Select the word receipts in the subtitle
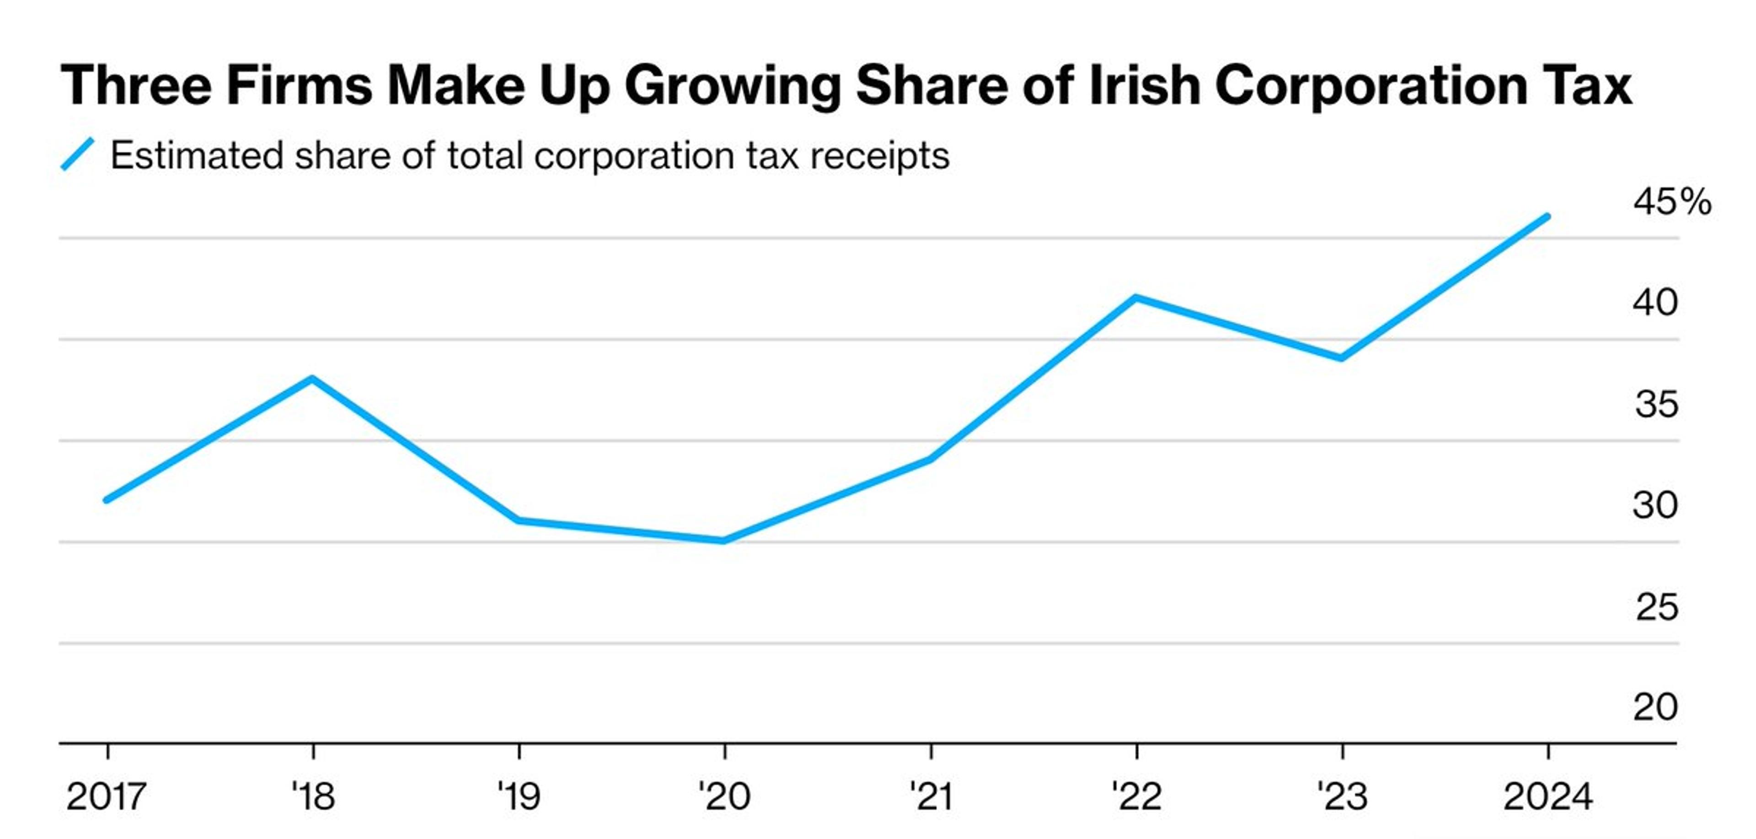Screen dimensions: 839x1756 point(879,156)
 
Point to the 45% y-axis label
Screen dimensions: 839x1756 point(1671,202)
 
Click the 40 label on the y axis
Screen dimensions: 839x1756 point(1655,303)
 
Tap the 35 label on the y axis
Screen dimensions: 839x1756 point(1656,405)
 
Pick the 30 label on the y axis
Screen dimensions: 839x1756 point(1655,505)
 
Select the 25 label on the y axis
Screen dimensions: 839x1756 point(1656,607)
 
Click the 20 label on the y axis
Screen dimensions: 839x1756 point(1655,707)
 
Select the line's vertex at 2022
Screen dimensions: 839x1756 point(1135,298)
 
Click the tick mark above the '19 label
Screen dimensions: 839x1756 point(519,752)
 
